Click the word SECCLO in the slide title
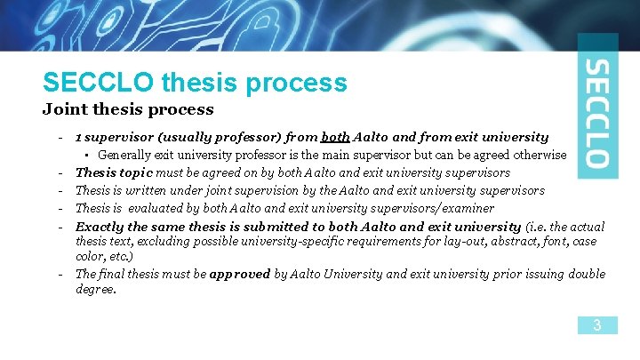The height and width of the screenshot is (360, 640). [100, 83]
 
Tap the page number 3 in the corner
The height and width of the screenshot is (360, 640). [597, 325]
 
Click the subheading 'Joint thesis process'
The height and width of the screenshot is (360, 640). [128, 110]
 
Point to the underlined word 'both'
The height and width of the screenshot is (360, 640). [335, 138]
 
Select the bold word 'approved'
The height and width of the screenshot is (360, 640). [239, 275]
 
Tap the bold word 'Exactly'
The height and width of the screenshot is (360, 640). [100, 227]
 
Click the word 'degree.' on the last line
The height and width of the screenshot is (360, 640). [97, 289]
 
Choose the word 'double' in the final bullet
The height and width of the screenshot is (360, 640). [588, 275]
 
